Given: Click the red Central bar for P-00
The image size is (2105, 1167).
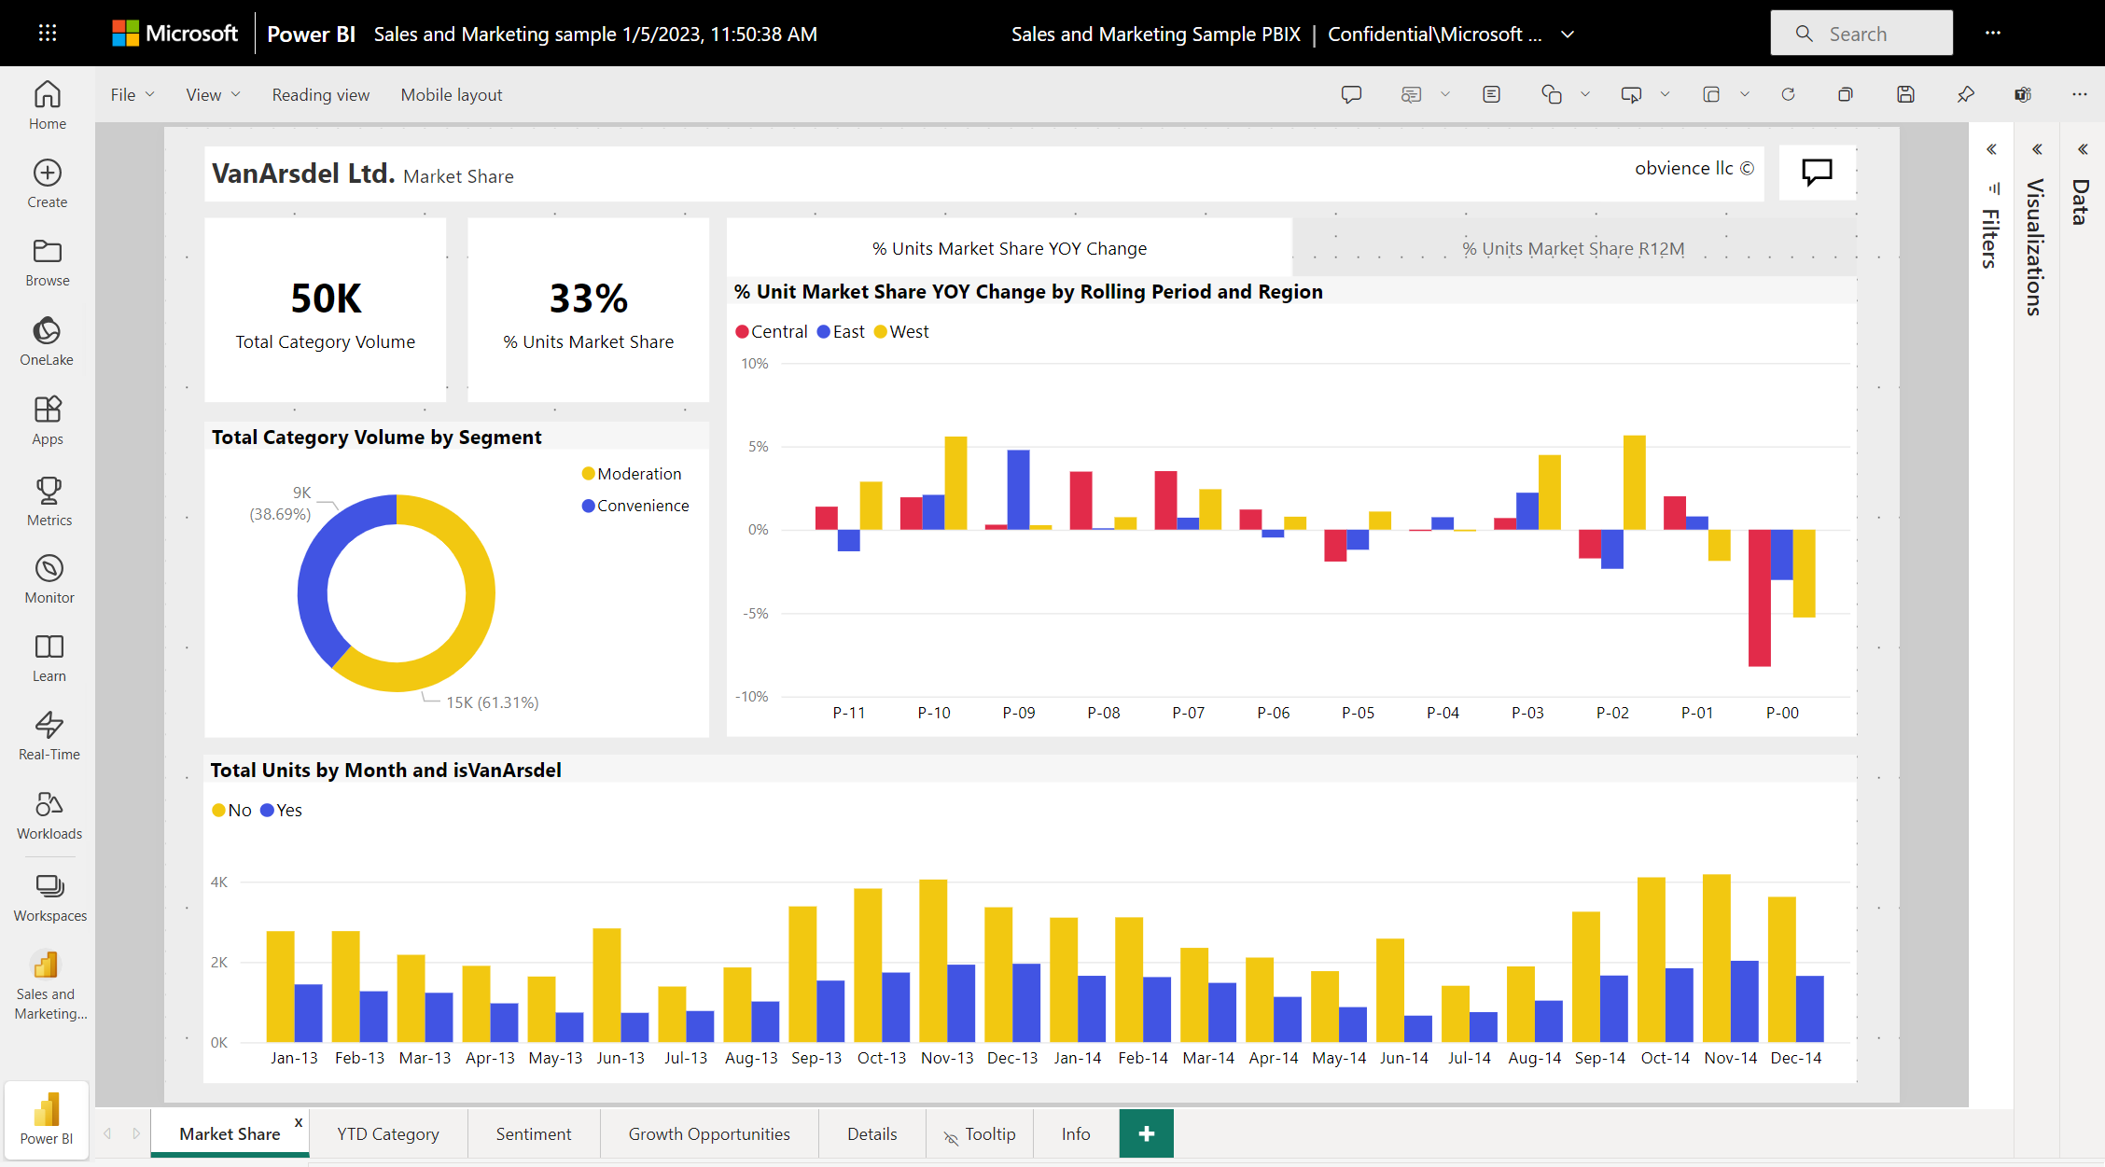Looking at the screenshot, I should click(x=1759, y=597).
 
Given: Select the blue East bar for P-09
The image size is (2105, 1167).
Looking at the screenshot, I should click(x=1018, y=490).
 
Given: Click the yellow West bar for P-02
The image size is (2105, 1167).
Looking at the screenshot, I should click(x=1634, y=482).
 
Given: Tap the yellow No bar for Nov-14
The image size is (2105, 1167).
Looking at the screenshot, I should click(x=1716, y=958).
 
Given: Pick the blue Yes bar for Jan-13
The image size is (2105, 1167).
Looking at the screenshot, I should click(x=308, y=1013).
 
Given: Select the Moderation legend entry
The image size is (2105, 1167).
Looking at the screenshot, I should click(x=638, y=474).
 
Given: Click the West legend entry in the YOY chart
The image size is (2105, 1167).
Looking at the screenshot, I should click(x=908, y=332).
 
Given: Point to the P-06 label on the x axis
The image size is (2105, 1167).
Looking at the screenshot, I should click(x=1273, y=713).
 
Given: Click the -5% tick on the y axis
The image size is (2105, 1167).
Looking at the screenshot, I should click(x=755, y=614).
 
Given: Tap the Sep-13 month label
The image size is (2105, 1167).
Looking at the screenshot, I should click(x=816, y=1058).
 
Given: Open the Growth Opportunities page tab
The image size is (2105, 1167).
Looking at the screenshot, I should click(x=708, y=1134).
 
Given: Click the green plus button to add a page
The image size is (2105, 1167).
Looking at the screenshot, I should click(x=1146, y=1133).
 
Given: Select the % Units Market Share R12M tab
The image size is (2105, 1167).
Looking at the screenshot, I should click(x=1572, y=249).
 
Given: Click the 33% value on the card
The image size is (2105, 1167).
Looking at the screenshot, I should click(x=588, y=299).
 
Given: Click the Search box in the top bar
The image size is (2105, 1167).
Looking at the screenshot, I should click(x=1861, y=34).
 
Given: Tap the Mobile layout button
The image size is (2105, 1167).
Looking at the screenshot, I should click(x=451, y=95).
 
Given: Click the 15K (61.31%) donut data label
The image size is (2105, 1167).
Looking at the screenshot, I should click(x=492, y=702).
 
